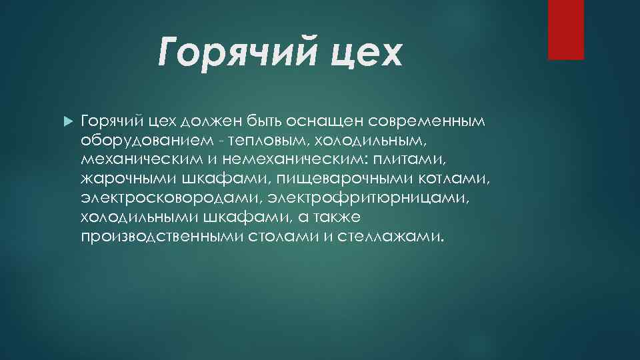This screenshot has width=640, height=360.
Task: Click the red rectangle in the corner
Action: tap(565, 29)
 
